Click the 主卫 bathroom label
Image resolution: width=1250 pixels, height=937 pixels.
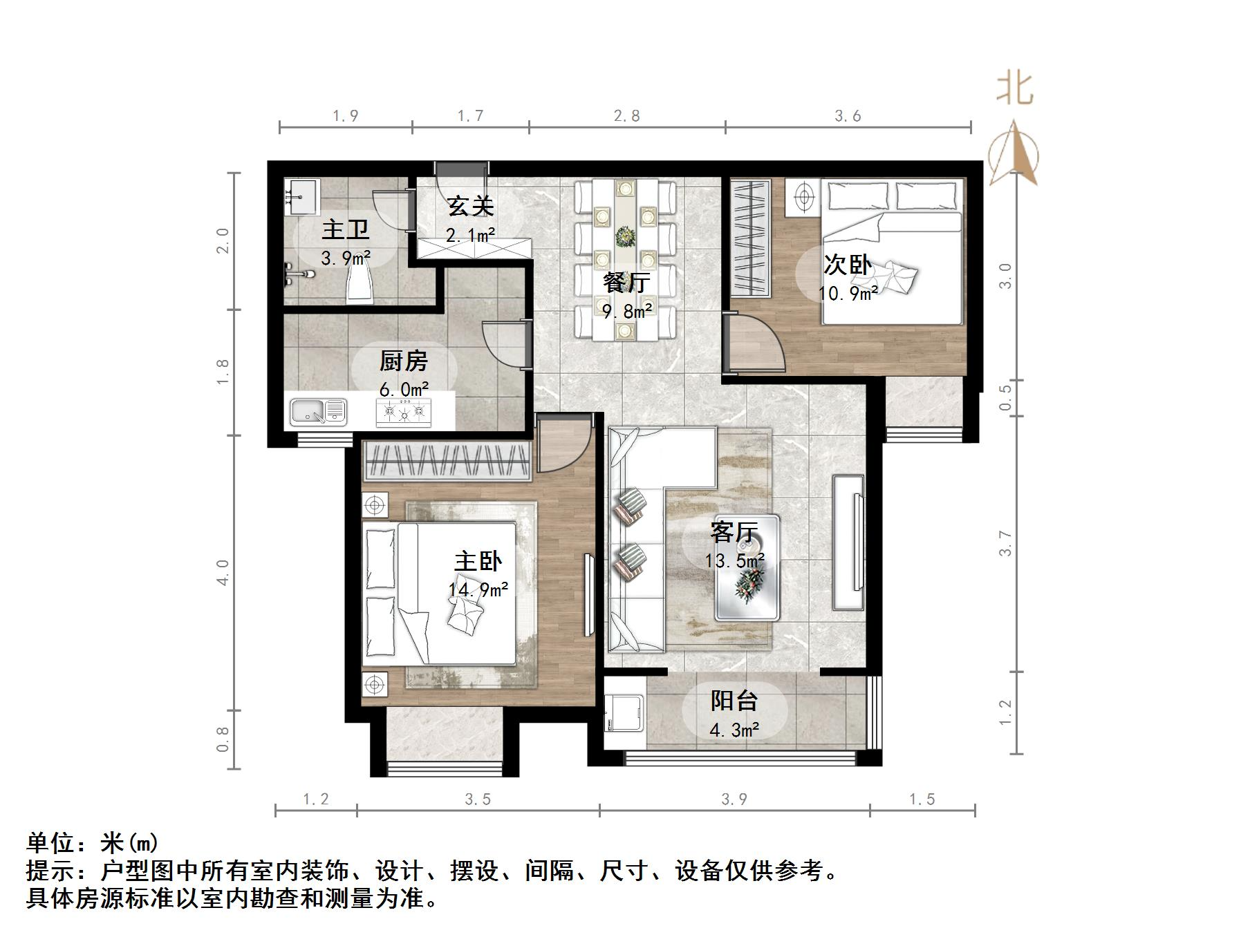pyautogui.click(x=345, y=230)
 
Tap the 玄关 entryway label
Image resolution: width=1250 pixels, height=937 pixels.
pyautogui.click(x=470, y=206)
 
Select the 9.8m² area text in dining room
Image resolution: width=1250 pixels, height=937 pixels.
pyautogui.click(x=628, y=312)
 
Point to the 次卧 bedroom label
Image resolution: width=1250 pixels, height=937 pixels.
pyautogui.click(x=848, y=265)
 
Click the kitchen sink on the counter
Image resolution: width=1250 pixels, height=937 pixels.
pyautogui.click(x=317, y=413)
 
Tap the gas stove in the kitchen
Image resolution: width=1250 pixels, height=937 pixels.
pyautogui.click(x=403, y=413)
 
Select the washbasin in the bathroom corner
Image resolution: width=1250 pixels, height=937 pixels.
pyautogui.click(x=301, y=193)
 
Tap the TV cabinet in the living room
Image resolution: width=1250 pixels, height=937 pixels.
pyautogui.click(x=848, y=542)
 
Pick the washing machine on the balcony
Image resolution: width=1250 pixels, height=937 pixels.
pyautogui.click(x=625, y=714)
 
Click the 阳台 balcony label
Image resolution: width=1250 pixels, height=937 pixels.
pyautogui.click(x=734, y=701)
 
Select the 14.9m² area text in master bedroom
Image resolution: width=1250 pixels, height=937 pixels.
pyautogui.click(x=478, y=589)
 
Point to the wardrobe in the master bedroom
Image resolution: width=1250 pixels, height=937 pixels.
pyautogui.click(x=447, y=461)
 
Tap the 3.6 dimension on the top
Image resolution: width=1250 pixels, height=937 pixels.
pyautogui.click(x=848, y=116)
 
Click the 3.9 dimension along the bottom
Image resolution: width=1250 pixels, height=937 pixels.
pyautogui.click(x=734, y=799)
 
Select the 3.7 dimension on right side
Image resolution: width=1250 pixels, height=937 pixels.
pyautogui.click(x=1005, y=543)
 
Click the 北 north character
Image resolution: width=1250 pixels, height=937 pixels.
pyautogui.click(x=1014, y=88)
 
